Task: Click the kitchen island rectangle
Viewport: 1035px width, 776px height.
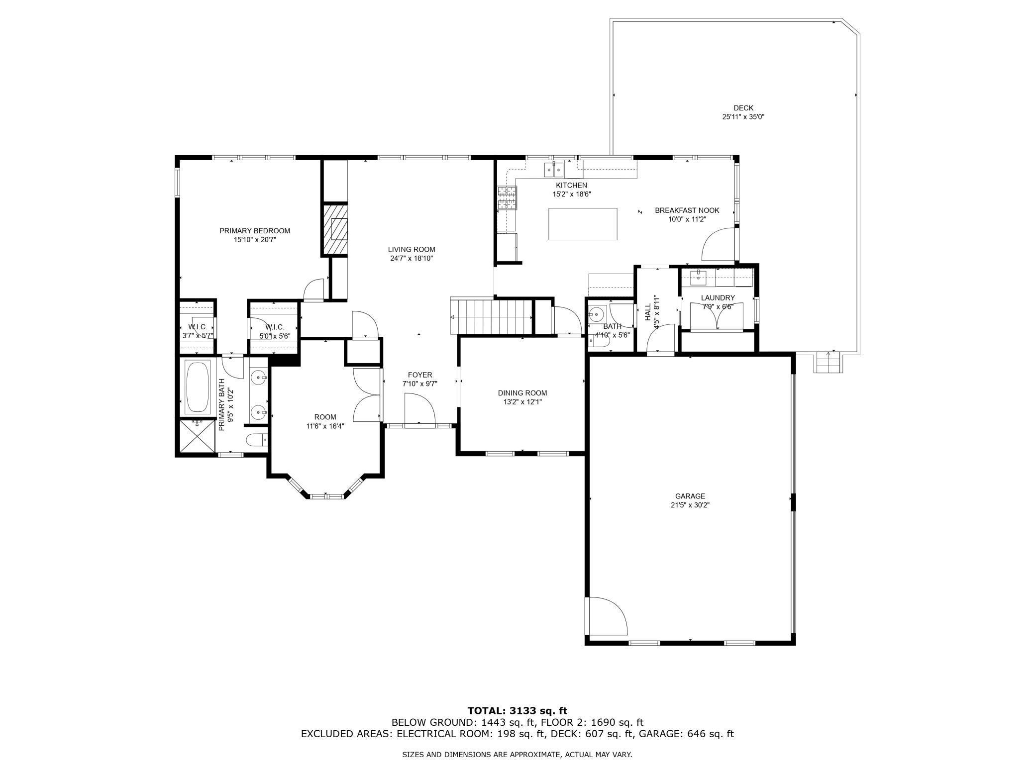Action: click(583, 224)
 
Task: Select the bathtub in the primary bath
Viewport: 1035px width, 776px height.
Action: click(198, 388)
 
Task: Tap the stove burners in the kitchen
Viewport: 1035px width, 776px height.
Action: click(507, 197)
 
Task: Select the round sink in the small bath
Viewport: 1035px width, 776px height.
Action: click(596, 314)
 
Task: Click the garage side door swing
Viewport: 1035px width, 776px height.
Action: click(606, 617)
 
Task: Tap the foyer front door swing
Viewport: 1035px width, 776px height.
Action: click(419, 409)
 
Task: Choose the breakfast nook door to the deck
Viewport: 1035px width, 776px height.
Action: click(718, 245)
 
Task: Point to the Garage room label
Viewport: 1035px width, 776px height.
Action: click(690, 496)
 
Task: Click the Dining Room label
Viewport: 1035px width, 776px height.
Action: click(522, 393)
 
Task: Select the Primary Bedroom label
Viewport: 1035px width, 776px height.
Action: click(255, 231)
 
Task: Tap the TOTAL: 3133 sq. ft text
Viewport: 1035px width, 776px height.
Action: click(517, 711)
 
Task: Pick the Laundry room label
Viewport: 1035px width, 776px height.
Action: click(718, 298)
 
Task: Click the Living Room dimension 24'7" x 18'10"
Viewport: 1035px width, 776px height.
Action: click(412, 258)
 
